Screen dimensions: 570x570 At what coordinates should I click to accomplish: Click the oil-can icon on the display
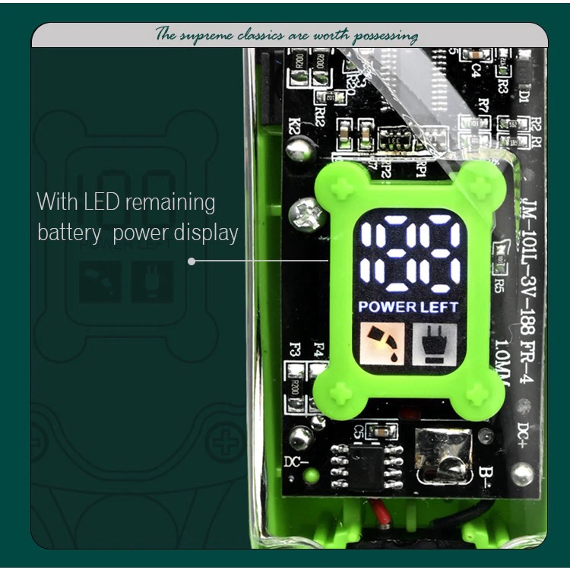(383, 344)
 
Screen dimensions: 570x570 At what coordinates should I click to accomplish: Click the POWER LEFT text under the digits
(408, 307)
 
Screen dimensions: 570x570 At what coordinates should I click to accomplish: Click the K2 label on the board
(295, 126)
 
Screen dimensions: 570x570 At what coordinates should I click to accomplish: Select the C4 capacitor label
(476, 70)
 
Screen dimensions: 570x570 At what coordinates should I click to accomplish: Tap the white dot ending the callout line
(192, 261)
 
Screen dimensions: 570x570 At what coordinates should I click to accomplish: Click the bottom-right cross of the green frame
(478, 394)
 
